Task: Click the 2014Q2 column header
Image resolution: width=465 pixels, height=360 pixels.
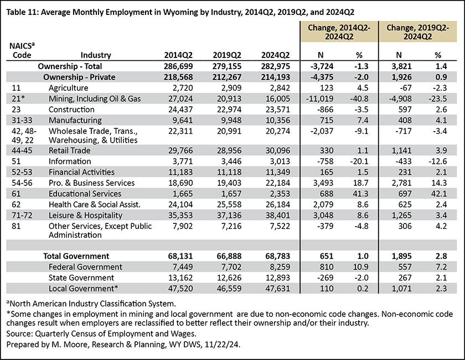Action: coord(178,55)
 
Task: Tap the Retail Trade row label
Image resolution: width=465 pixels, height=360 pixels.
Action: coord(69,150)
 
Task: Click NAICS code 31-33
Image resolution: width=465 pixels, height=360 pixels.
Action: coord(22,121)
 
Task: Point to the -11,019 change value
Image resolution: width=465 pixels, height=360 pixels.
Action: coord(320,98)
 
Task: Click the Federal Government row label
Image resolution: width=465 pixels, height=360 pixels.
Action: coord(85,267)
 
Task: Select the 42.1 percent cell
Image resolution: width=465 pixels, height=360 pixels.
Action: coord(437,194)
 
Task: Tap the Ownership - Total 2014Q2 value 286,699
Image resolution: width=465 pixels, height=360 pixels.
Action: coord(178,66)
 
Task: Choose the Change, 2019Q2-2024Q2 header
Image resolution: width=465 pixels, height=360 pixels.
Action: coord(417,32)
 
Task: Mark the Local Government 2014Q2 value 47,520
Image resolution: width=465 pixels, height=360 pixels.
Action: coord(180,289)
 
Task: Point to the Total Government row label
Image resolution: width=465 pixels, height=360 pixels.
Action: coord(76,256)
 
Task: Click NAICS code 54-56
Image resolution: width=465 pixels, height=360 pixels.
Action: coord(22,183)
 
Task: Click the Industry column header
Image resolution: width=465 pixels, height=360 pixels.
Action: coord(96,55)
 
